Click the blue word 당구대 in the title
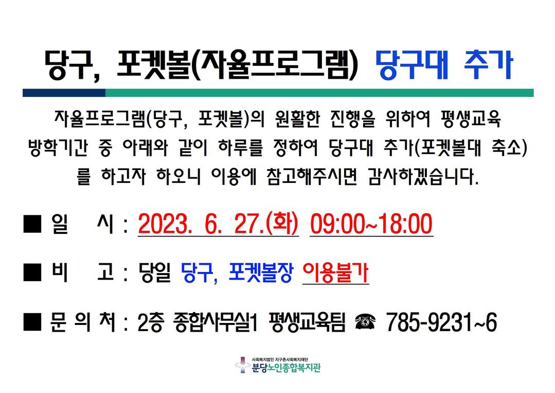412,65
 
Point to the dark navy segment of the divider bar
64,93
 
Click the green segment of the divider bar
319,93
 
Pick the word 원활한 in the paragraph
297,119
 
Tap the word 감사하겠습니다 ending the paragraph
423,177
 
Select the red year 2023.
163,224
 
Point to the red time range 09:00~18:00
371,224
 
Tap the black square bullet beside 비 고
32,272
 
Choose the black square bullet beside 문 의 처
32,322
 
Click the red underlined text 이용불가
335,273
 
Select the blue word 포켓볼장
261,272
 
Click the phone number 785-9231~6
441,322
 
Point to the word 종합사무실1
216,322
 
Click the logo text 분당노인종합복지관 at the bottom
286,368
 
